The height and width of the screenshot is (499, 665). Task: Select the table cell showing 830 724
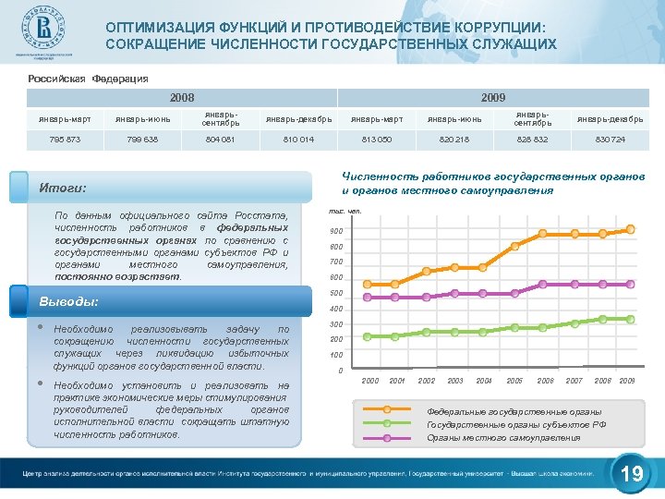610,140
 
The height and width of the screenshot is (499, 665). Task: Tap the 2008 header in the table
182,97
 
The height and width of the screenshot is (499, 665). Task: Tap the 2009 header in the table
493,97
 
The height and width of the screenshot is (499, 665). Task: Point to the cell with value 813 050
375,140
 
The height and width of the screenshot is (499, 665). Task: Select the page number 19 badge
632,475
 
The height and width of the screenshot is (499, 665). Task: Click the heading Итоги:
63,188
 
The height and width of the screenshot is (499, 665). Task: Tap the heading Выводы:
68,301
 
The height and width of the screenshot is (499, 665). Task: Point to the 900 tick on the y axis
336,231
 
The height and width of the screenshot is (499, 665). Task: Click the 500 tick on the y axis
336,293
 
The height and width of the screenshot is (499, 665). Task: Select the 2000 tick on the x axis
370,381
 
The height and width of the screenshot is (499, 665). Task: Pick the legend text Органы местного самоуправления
490,437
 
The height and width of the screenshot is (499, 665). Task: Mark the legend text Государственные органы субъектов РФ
515,424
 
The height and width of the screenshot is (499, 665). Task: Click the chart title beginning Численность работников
448,183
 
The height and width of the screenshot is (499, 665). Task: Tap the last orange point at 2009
630,229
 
